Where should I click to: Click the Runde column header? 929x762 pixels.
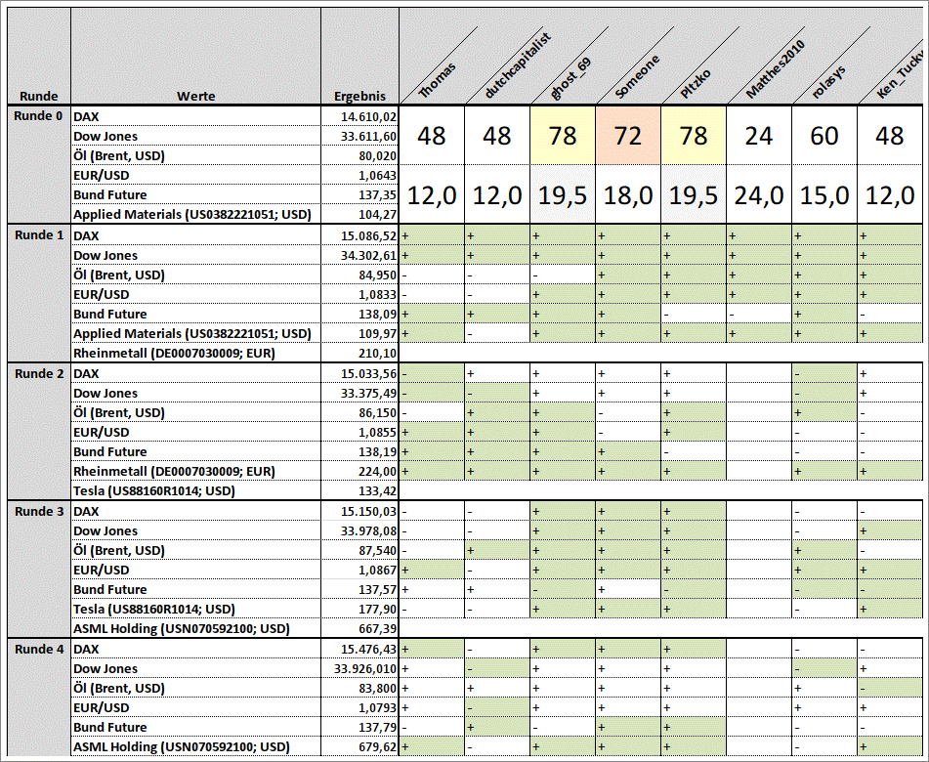(38, 96)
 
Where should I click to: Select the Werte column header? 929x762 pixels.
(195, 96)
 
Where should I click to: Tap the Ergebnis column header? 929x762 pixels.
(359, 96)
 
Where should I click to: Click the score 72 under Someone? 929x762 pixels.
(627, 135)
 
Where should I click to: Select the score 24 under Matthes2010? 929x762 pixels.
(758, 135)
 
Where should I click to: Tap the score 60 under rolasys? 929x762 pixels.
(823, 135)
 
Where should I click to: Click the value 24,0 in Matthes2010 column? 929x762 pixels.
(758, 195)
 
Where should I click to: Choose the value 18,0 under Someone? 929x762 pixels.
(627, 195)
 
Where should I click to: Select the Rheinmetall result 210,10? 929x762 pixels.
(377, 353)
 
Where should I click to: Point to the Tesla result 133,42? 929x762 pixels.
(377, 490)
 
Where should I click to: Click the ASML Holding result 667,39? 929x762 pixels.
(377, 628)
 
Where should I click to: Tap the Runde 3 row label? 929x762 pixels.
(40, 511)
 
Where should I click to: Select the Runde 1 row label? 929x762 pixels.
(40, 235)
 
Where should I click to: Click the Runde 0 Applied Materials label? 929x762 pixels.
(191, 215)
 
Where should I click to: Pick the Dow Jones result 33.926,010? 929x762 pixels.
(365, 668)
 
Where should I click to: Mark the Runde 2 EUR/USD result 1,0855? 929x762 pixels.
(377, 432)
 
